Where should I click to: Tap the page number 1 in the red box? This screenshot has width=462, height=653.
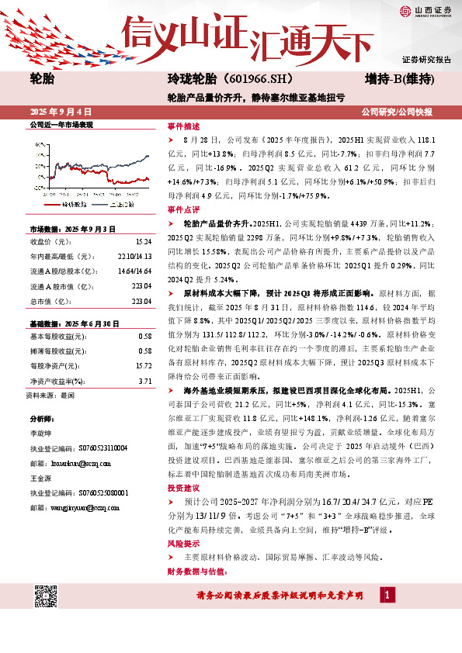pos(387,595)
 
